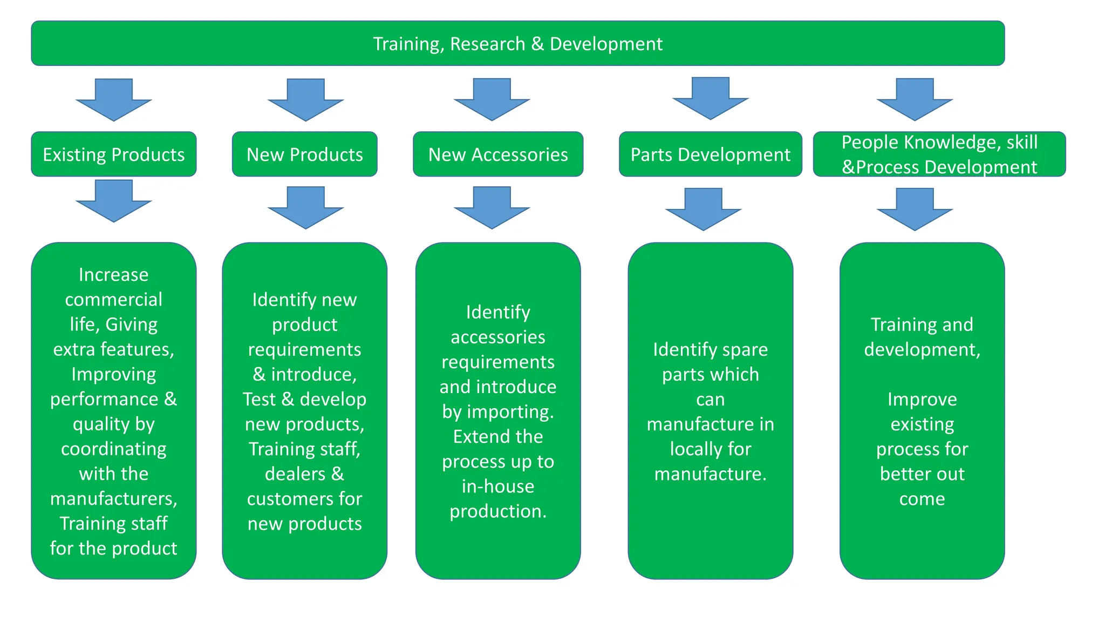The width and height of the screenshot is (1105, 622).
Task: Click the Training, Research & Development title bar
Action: point(518,43)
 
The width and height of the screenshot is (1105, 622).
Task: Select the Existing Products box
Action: point(113,154)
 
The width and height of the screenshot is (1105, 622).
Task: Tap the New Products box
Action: point(304,154)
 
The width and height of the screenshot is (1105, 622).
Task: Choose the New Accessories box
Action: point(498,154)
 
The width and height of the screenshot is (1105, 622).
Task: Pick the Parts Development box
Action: point(710,154)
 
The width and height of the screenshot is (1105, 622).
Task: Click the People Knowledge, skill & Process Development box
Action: point(939,154)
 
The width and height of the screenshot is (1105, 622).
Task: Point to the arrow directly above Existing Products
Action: point(114,100)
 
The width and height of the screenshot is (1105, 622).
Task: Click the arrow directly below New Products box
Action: point(305,207)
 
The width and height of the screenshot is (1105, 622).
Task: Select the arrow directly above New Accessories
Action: point(492,99)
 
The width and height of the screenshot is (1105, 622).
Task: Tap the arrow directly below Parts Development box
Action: point(703,209)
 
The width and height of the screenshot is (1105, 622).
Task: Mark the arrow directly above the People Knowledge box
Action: point(915,99)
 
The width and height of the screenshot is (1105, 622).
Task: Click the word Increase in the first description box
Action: point(113,275)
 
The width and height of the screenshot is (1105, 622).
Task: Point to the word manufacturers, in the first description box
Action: point(113,498)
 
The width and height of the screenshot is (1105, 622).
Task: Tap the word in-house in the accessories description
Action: point(497,486)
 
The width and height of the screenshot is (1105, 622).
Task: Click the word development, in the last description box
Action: point(922,349)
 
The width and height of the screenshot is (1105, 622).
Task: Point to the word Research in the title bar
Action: point(487,44)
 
